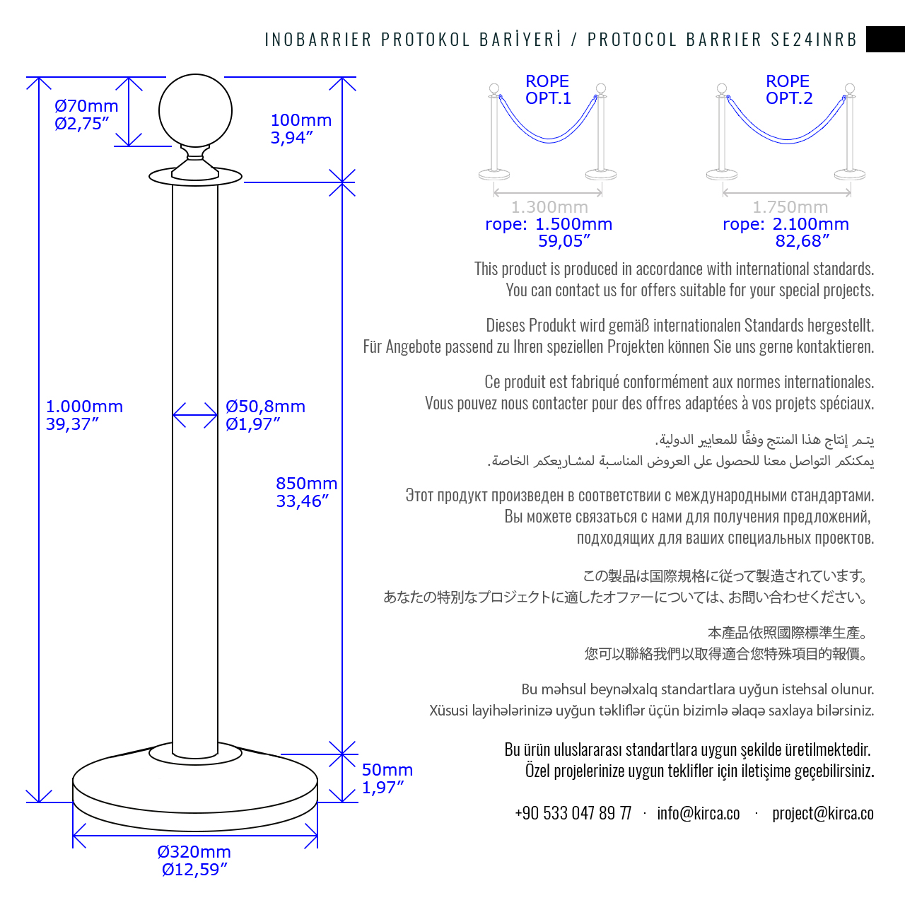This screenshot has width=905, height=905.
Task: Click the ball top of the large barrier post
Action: click(195, 111)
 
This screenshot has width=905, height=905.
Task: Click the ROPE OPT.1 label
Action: click(547, 90)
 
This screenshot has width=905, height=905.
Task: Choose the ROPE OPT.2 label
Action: click(788, 90)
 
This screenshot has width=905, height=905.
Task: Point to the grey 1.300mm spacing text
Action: click(549, 207)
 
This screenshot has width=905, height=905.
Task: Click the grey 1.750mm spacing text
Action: click(790, 207)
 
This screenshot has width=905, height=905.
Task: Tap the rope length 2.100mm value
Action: click(810, 224)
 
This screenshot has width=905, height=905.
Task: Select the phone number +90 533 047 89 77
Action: click(573, 813)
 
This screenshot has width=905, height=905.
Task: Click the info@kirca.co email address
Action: click(698, 813)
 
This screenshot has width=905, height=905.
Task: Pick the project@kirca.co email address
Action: click(822, 813)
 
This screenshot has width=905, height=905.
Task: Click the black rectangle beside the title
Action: click(885, 39)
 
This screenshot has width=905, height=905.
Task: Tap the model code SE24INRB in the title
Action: click(814, 40)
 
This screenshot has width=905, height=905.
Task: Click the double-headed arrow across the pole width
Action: click(195, 415)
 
